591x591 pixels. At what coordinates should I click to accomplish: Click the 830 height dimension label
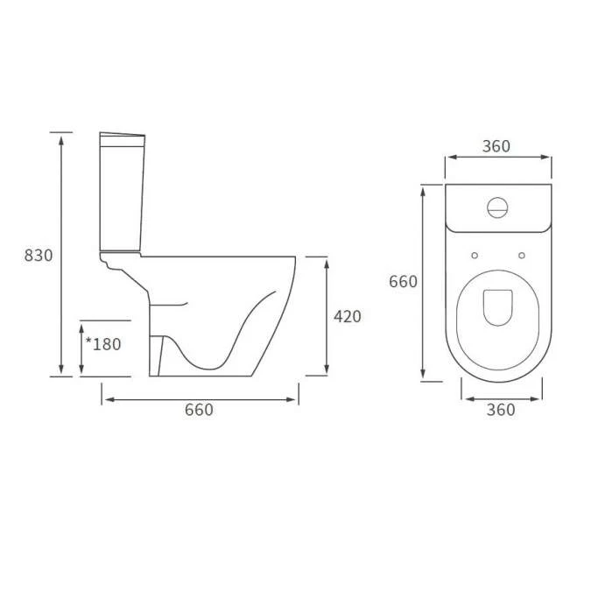(39, 256)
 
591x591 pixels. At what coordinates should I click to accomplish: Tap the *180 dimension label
(103, 344)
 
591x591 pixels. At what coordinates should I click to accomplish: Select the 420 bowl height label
(347, 317)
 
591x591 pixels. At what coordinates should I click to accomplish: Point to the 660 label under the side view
(199, 410)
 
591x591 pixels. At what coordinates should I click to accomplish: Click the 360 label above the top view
(496, 146)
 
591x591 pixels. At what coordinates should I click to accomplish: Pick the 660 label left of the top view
(403, 282)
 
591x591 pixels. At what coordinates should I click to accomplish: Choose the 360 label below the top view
(500, 410)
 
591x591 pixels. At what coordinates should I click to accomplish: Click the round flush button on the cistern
(497, 208)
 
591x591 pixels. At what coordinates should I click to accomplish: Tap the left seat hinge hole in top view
(474, 256)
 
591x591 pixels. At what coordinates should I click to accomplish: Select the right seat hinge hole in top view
(522, 256)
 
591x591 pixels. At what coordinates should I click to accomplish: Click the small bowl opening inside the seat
(498, 306)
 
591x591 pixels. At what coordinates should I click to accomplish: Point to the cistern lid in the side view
(122, 136)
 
